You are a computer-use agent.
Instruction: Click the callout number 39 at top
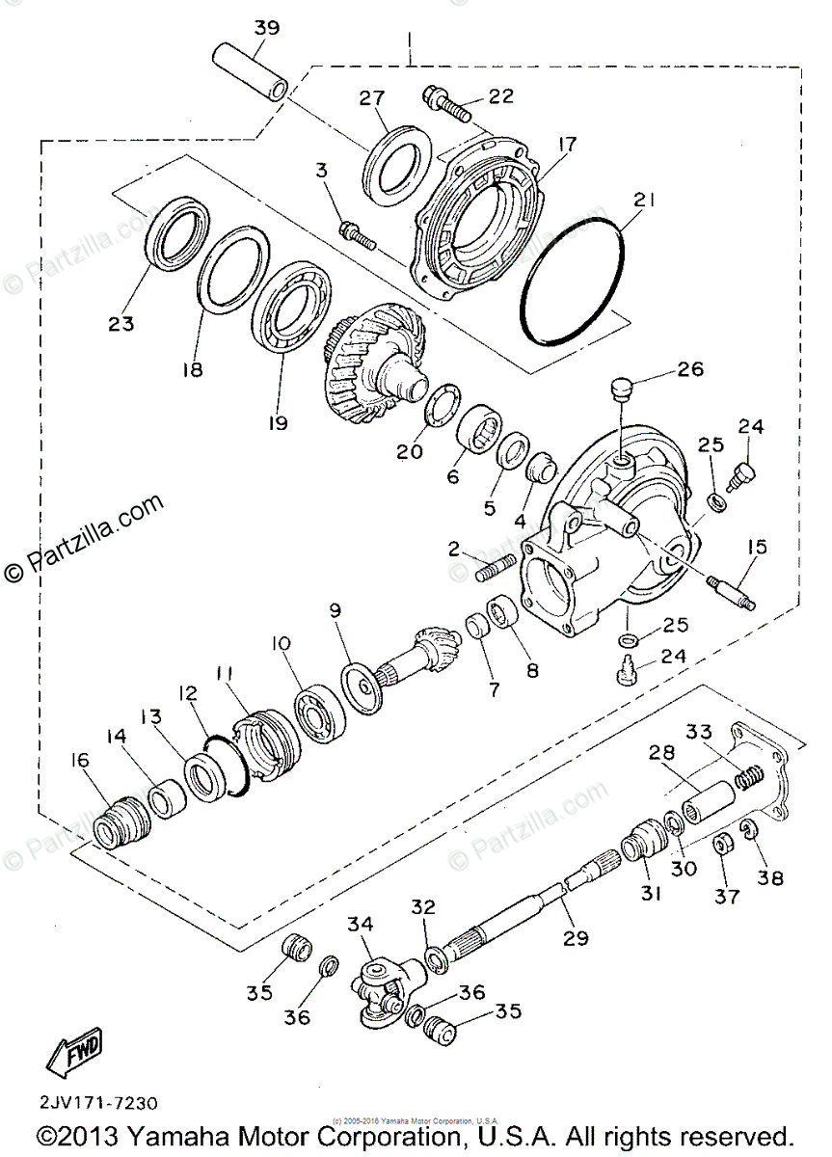tap(266, 28)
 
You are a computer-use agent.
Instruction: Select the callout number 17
tap(565, 146)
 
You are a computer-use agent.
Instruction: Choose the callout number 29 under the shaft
tap(576, 936)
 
